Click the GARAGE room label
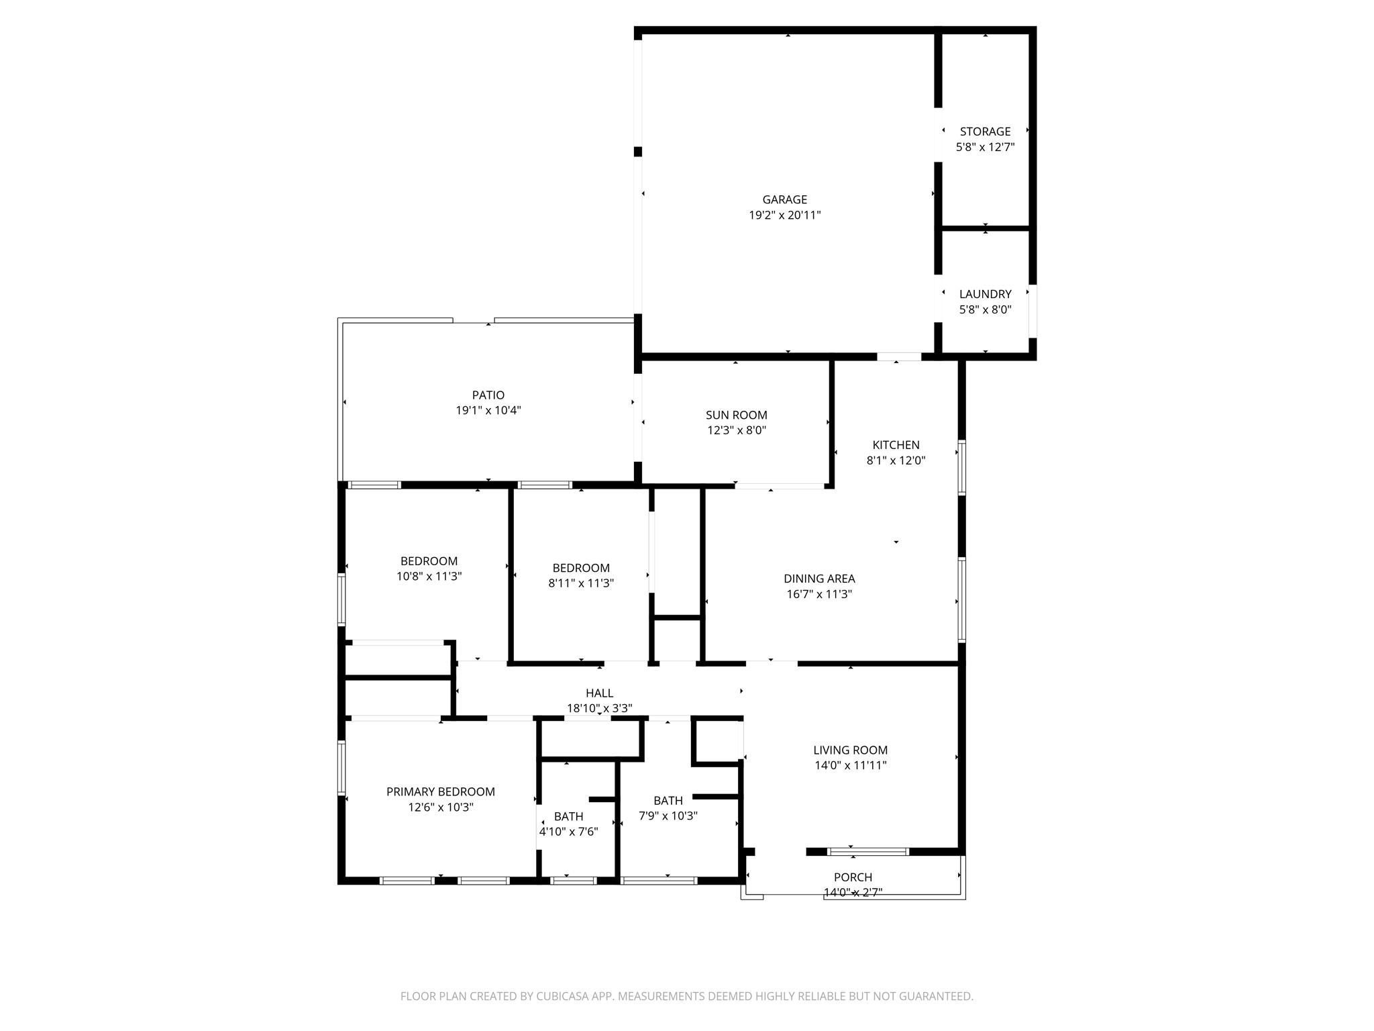point(784,199)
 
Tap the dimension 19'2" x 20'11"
point(784,215)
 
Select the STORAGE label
point(985,132)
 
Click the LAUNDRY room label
point(985,294)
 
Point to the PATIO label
point(488,395)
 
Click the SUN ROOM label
point(736,415)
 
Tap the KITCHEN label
point(896,445)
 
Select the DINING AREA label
point(819,579)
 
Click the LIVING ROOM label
point(850,750)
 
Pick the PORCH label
point(853,877)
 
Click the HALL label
point(599,693)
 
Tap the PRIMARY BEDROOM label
point(440,792)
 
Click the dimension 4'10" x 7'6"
point(568,832)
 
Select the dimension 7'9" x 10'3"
point(668,816)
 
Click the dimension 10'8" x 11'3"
point(429,577)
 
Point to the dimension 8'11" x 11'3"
point(580,583)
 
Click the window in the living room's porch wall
point(867,852)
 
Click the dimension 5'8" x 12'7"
point(985,147)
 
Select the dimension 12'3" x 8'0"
point(736,431)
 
